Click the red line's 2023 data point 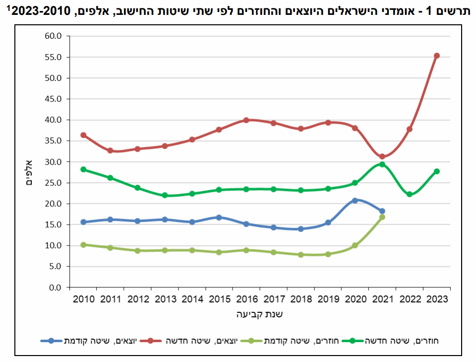[437, 56]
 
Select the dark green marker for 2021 [382, 164]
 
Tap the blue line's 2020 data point [355, 200]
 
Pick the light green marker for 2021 [382, 217]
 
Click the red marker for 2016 [246, 121]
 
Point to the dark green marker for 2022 [410, 194]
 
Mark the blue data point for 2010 [83, 222]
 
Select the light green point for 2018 [301, 255]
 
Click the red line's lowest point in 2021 [382, 157]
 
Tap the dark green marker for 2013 [165, 195]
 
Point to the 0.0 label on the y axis [55, 287]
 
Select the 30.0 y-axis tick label [53, 162]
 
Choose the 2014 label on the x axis [192, 299]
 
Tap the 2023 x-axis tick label [437, 299]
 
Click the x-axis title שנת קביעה [259, 314]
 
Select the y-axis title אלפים [29, 173]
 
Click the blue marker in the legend [51, 341]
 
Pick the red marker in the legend [150, 341]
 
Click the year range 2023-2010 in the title [41, 11]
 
